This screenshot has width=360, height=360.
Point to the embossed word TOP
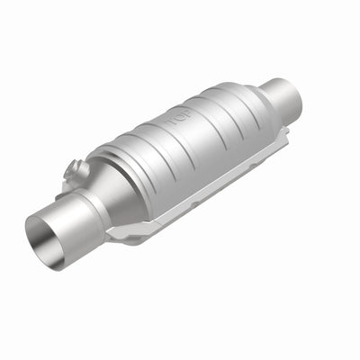pos(177,118)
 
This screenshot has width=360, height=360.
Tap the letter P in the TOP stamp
pos(185,114)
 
